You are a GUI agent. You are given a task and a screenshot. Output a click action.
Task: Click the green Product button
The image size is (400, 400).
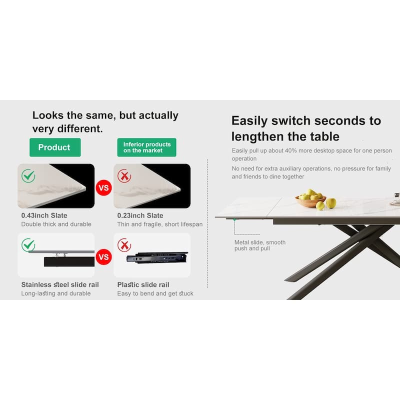pos(54,147)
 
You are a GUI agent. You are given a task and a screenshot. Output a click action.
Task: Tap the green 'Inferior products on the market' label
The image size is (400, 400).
pos(147,147)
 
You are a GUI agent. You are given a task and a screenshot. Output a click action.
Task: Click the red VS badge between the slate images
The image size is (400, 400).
pos(104,188)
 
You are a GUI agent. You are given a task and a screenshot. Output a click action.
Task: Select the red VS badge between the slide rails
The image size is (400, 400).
pos(104,257)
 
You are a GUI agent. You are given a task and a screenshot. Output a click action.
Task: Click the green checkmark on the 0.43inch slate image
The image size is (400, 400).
pos(28,175)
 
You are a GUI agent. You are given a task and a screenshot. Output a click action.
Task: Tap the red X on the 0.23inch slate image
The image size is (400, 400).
pos(124,175)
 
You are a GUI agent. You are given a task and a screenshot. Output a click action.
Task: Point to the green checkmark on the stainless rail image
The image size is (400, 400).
pos(28,245)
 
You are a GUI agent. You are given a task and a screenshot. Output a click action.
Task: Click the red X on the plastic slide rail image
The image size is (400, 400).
pos(124,245)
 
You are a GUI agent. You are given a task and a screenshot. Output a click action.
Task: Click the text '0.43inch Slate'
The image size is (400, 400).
pos(44,215)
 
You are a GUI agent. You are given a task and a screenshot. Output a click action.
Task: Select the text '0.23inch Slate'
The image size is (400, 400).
pos(140,215)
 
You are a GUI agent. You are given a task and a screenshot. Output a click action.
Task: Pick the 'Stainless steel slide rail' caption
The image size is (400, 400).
pos(60,284)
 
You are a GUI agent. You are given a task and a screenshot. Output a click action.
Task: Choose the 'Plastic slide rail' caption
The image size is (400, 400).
pos(143,284)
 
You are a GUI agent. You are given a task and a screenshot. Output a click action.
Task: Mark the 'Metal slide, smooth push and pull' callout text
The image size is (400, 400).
pos(260,245)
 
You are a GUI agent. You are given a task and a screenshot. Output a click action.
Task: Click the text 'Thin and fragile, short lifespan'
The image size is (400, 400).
pos(160,224)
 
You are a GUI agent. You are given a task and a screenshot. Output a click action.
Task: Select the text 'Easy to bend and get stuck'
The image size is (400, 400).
pos(155,293)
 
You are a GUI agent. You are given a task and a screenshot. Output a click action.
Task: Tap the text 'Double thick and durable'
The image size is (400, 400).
pos(56,224)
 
